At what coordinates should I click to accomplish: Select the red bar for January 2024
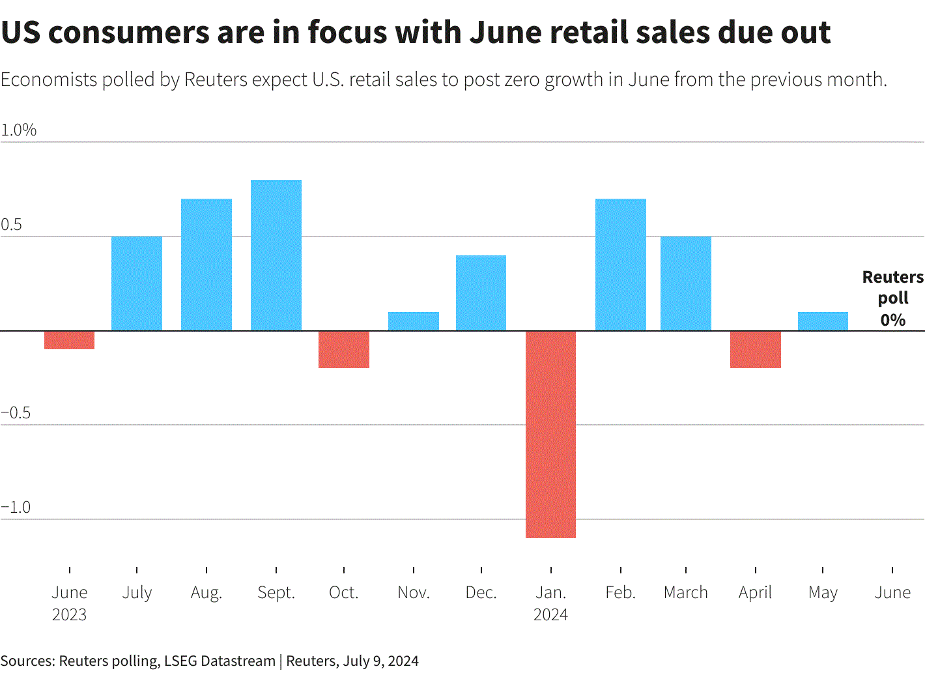click(x=550, y=434)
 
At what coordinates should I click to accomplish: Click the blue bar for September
click(x=276, y=255)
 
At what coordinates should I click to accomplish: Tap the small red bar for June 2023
click(x=70, y=340)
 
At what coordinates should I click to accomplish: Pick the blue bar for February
click(x=621, y=265)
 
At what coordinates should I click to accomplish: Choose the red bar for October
click(x=344, y=350)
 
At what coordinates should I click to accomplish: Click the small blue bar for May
click(x=823, y=322)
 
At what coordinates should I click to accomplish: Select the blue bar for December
click(x=481, y=293)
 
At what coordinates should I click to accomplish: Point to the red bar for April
click(x=756, y=350)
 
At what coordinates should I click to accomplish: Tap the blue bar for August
click(x=206, y=265)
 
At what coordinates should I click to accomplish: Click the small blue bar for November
click(x=414, y=322)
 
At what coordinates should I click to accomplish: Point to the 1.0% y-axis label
click(x=19, y=130)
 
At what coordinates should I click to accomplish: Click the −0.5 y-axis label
click(x=16, y=412)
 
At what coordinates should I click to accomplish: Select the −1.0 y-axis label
click(x=16, y=507)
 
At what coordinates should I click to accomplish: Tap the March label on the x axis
click(x=685, y=592)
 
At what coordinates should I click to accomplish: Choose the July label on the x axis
click(x=137, y=592)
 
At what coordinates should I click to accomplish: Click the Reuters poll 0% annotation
click(x=892, y=298)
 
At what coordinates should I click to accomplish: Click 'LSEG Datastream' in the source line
click(x=220, y=661)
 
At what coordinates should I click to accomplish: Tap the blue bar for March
click(x=686, y=283)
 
